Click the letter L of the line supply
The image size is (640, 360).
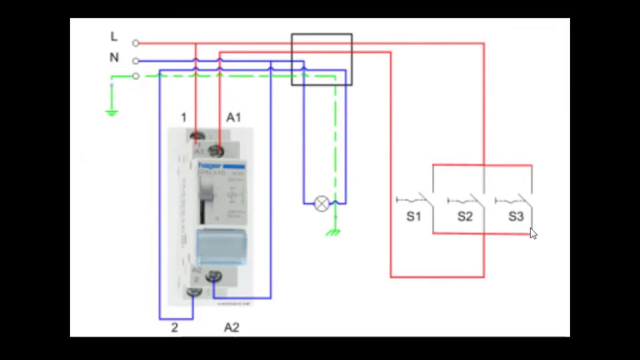(114, 36)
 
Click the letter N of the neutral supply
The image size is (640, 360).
(114, 58)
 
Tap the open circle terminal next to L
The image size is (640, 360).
(135, 43)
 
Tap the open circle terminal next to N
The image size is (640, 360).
(135, 61)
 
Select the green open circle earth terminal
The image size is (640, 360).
(135, 76)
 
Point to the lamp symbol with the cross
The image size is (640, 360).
(322, 203)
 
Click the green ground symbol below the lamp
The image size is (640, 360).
(333, 231)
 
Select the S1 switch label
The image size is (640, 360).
(413, 216)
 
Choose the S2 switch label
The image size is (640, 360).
(465, 216)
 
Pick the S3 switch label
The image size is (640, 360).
(516, 216)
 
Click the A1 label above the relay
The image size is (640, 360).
(233, 117)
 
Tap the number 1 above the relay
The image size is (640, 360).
(183, 117)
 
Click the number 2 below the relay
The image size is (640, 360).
(174, 327)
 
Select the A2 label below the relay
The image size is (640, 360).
(231, 327)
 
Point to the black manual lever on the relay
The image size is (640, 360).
(202, 200)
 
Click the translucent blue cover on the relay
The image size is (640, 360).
(220, 246)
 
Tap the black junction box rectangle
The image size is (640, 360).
(322, 59)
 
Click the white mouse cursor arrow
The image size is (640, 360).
(533, 233)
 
